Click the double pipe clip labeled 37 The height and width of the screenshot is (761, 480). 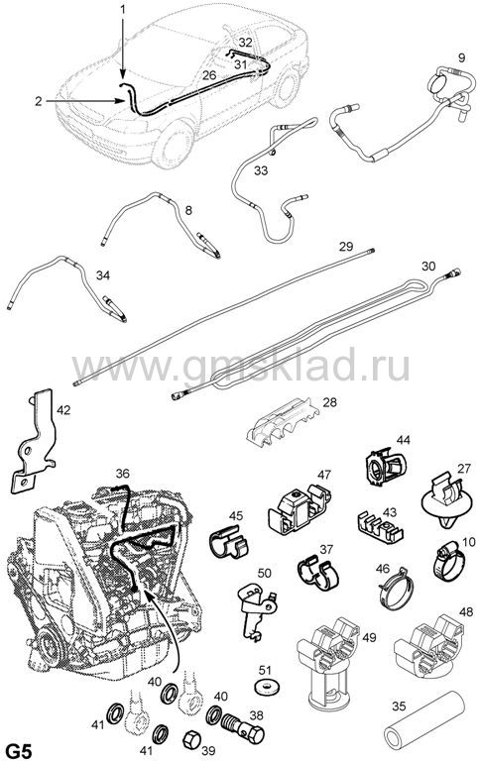coord(317,575)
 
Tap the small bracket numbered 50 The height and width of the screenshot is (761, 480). coord(255,610)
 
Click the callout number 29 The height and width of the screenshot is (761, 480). coord(346,246)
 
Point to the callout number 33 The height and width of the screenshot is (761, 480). coord(261,170)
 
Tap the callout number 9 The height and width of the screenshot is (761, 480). coord(461,58)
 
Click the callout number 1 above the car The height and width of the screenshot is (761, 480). coord(123,9)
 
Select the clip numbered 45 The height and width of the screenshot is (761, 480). coord(229,542)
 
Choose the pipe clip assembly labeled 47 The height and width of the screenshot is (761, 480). coord(298,508)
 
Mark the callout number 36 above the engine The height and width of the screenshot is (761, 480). coord(122,473)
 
